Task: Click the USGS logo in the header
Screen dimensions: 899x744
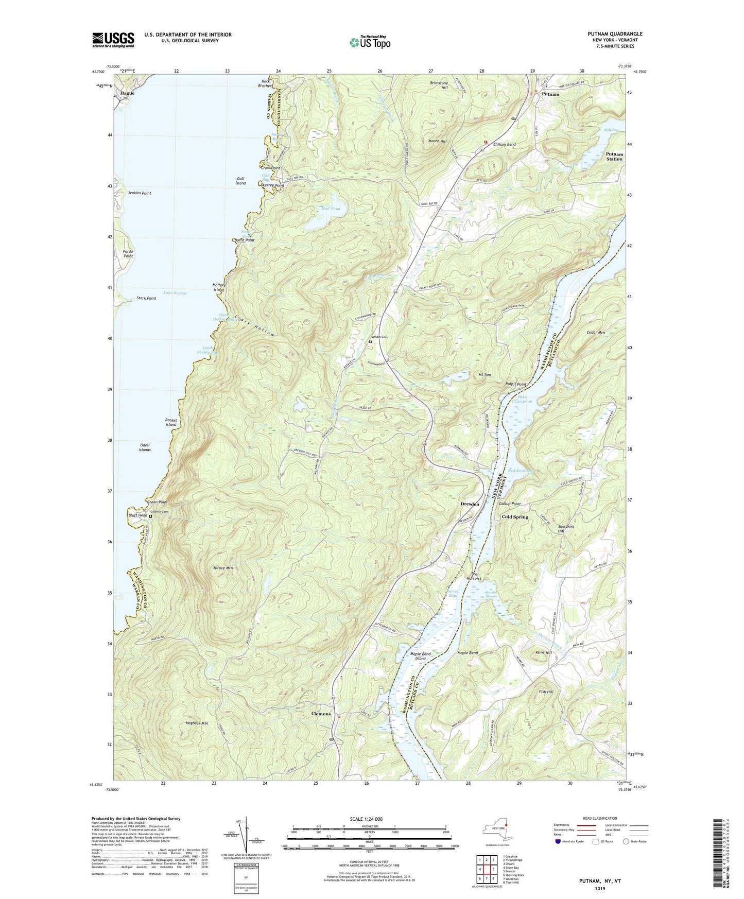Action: coord(113,40)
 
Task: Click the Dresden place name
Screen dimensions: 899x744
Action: coord(470,504)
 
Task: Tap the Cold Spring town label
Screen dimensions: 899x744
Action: coord(514,516)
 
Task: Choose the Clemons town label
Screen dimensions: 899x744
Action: coord(321,714)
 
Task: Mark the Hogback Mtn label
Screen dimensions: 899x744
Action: coord(197,723)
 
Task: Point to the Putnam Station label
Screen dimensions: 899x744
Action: coord(614,157)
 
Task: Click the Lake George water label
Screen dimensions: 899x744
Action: coord(175,293)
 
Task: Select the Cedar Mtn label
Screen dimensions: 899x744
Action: coord(595,333)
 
